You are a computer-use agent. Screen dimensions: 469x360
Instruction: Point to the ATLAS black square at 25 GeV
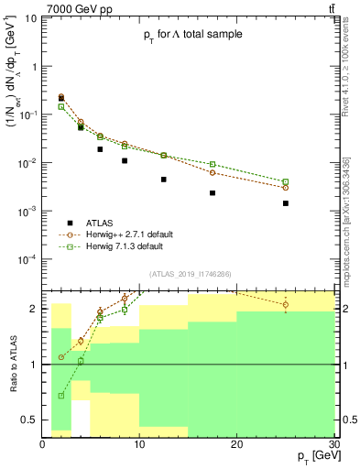click(286, 203)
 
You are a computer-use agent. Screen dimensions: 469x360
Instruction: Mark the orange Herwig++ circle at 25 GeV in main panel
click(286, 188)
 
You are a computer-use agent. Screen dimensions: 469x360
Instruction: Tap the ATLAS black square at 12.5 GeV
click(164, 180)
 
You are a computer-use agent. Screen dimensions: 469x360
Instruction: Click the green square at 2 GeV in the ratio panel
click(61, 396)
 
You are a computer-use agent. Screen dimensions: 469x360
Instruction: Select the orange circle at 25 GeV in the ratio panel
click(286, 304)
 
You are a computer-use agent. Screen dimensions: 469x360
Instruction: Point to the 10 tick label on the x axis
click(139, 444)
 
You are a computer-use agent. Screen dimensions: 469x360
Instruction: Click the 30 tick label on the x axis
click(333, 444)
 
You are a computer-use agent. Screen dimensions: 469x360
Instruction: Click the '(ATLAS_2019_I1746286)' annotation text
click(191, 274)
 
